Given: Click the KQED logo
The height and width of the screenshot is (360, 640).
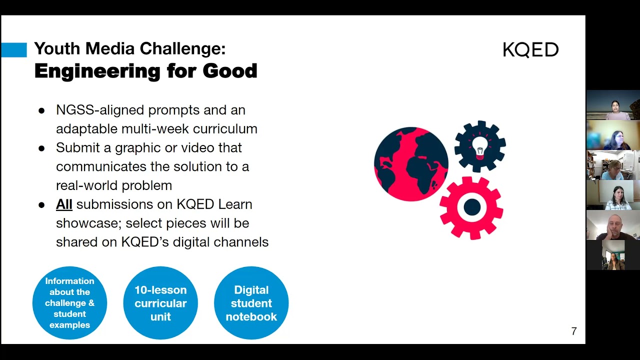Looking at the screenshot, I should tap(530, 50).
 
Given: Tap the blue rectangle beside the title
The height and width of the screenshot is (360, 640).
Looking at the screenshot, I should tap(13, 50).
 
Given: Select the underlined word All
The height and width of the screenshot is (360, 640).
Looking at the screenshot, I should tap(64, 204).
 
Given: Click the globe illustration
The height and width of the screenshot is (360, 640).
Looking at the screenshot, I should tap(411, 164).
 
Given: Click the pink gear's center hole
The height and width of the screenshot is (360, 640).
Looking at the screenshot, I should tap(471, 207).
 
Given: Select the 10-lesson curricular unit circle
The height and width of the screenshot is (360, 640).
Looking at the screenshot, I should tap(160, 303).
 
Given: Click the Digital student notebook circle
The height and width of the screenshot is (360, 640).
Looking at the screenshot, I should tap(251, 303).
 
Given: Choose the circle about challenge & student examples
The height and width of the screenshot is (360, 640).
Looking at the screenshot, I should tap(69, 303).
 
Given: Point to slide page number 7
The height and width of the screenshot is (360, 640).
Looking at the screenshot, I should tap(573, 331).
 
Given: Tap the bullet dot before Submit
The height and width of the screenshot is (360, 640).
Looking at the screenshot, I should tap(41, 148).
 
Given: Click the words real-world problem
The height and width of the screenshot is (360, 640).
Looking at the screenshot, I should tap(114, 185).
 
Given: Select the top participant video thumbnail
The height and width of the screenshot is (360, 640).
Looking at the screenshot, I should tap(613, 105).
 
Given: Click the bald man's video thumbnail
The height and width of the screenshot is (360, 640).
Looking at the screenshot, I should tap(613, 225).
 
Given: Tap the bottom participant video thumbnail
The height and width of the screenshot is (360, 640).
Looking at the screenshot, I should tap(613, 255).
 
